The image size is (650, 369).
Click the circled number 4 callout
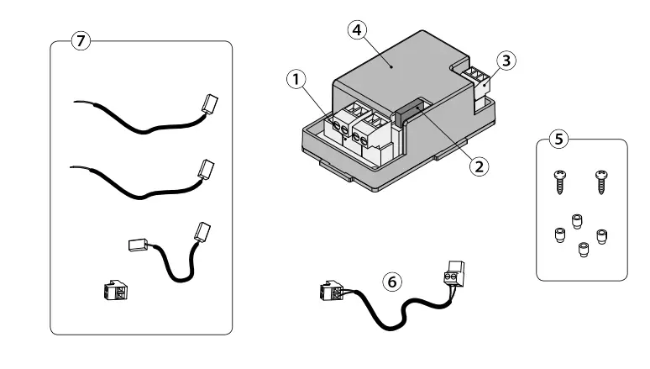[357, 30]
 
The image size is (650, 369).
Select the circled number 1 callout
[296, 80]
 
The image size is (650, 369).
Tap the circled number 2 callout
[478, 166]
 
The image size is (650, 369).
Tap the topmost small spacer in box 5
[577, 220]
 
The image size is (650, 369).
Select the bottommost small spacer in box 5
[582, 250]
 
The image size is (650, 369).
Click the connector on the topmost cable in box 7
[207, 105]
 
